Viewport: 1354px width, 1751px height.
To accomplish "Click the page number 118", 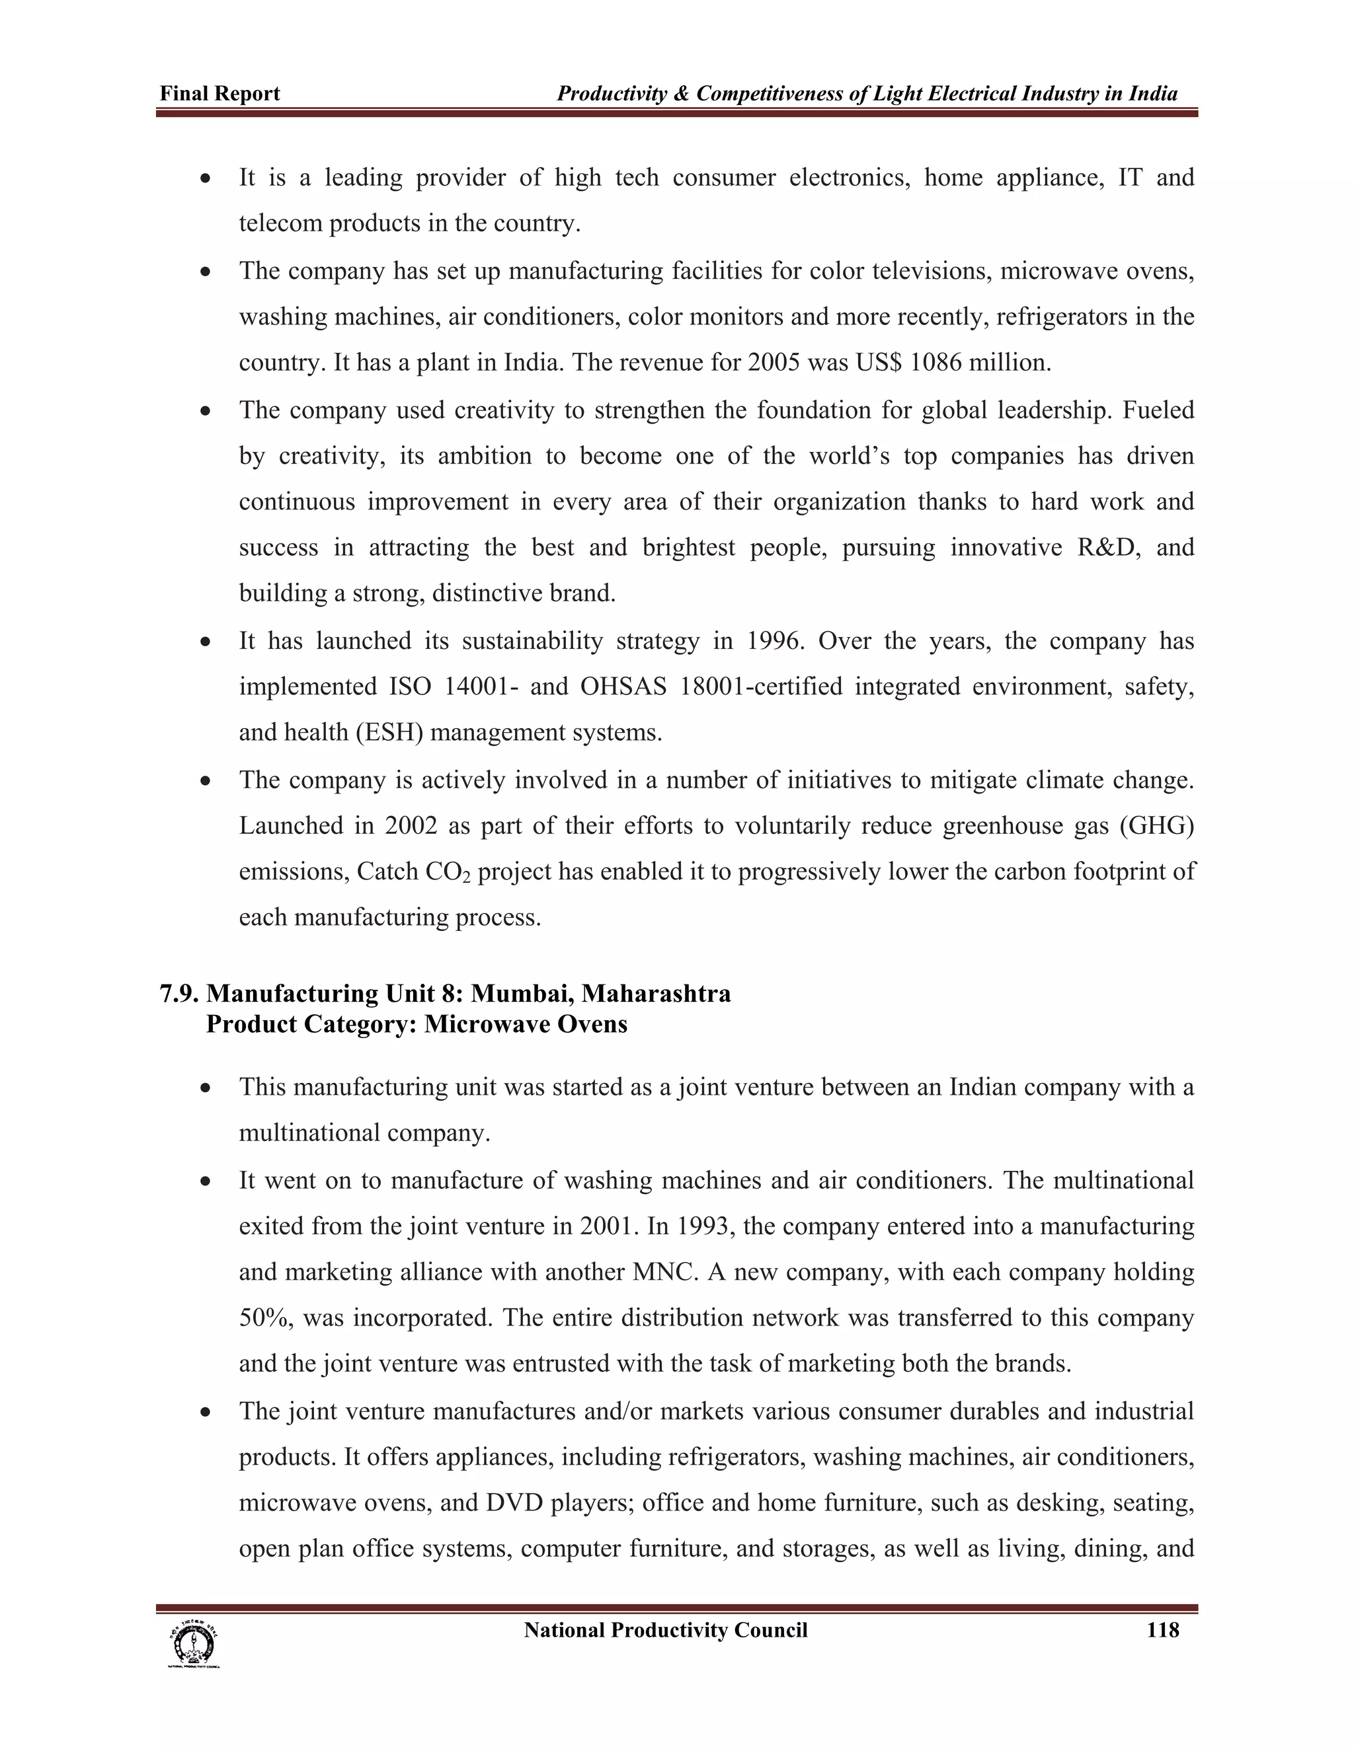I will [x=1162, y=1630].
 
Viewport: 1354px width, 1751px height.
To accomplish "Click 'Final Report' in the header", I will [x=219, y=94].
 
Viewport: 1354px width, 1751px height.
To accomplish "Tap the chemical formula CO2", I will [x=447, y=872].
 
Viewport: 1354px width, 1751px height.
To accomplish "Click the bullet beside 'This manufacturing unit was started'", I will [x=206, y=1089].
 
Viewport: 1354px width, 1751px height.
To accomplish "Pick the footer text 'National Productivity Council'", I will [x=665, y=1630].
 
